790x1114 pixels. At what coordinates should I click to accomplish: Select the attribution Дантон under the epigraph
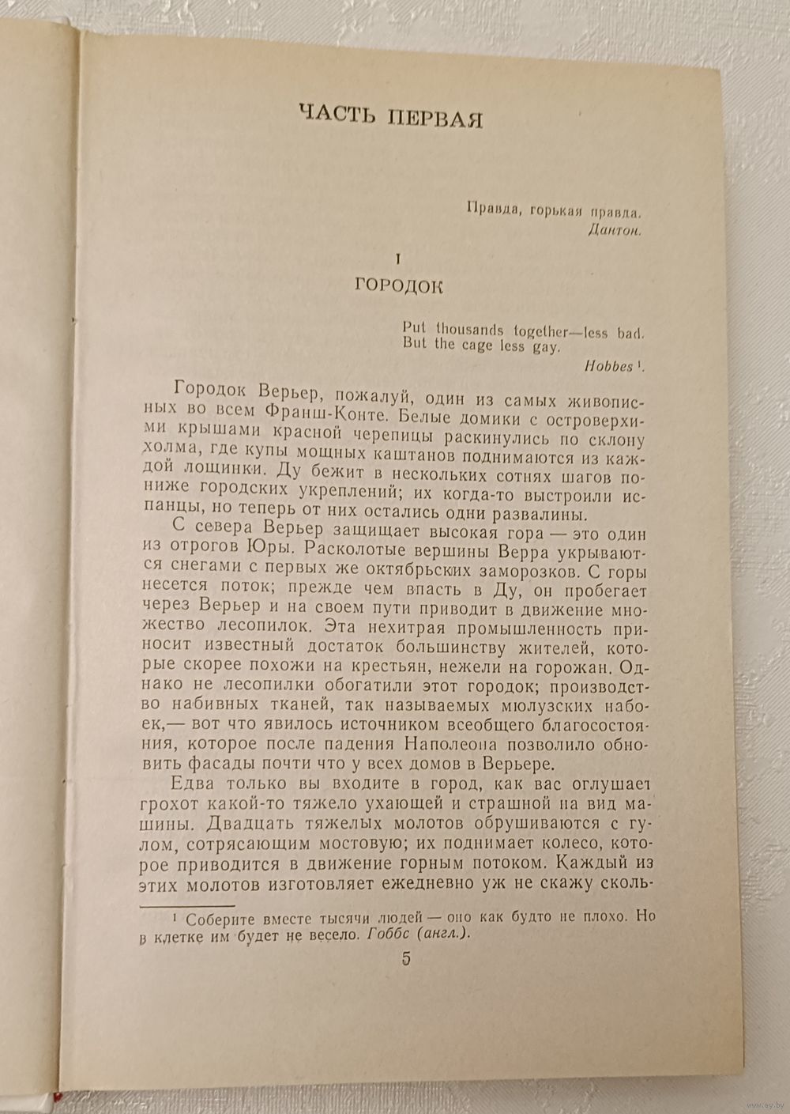coord(616,230)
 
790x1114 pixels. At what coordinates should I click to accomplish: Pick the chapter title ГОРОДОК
coord(399,285)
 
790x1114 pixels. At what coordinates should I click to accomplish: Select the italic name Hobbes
coord(609,365)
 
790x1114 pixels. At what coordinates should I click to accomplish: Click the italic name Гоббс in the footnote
coord(388,933)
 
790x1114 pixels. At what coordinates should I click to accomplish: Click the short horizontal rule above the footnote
coord(187,906)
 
